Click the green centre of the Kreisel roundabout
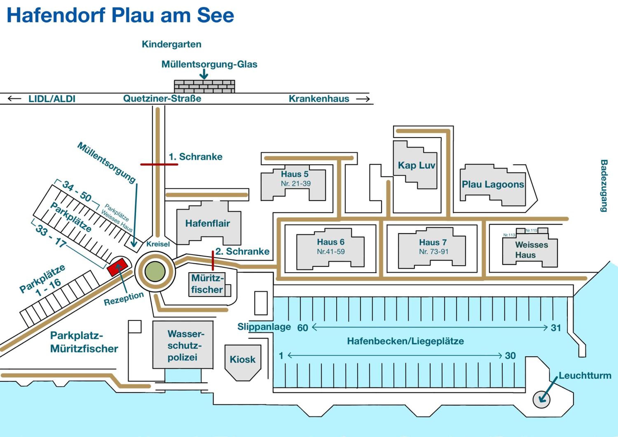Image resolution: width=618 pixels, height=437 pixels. pyautogui.click(x=155, y=271)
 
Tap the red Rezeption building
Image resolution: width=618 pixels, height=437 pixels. pyautogui.click(x=117, y=267)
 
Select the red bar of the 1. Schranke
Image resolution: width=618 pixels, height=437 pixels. pyautogui.click(x=159, y=164)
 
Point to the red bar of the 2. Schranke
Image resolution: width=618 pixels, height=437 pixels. pyautogui.click(x=213, y=261)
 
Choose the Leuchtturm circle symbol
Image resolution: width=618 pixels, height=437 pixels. pyautogui.click(x=541, y=399)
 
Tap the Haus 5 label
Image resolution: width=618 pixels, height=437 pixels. pyautogui.click(x=295, y=174)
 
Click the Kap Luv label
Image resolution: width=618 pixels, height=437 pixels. pyautogui.click(x=416, y=165)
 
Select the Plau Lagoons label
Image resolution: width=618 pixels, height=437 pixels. pyautogui.click(x=493, y=184)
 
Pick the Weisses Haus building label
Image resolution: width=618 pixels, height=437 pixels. pyautogui.click(x=531, y=250)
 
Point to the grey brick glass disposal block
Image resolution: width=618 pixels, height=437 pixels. pyautogui.click(x=204, y=86)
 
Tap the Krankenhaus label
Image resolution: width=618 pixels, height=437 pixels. pyautogui.click(x=319, y=99)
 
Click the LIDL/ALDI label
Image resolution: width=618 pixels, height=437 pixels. pyautogui.click(x=52, y=99)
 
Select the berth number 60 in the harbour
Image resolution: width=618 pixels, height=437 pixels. pyautogui.click(x=303, y=328)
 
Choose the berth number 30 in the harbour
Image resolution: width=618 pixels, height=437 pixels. pyautogui.click(x=510, y=356)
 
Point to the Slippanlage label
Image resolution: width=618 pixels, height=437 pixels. pyautogui.click(x=264, y=327)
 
